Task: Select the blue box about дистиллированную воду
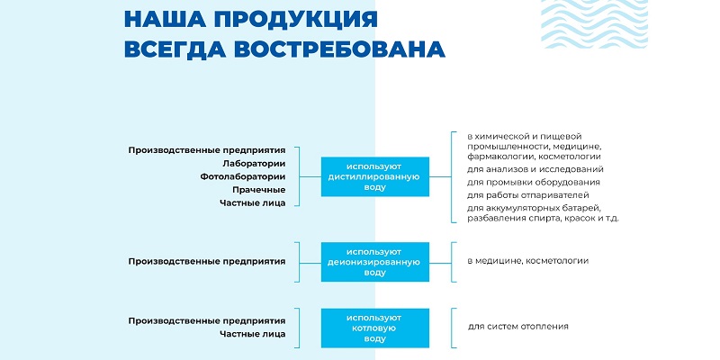(x=375, y=176)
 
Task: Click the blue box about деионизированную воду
(x=375, y=262)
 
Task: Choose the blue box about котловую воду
(x=375, y=328)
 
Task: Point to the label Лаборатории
(x=254, y=164)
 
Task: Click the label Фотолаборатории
(x=243, y=176)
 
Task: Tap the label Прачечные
(x=259, y=190)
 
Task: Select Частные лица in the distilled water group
(x=253, y=203)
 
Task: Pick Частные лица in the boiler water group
(x=253, y=334)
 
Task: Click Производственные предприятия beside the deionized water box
(x=207, y=261)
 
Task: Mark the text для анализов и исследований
(x=535, y=170)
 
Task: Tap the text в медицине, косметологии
(x=528, y=261)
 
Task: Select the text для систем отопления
(x=518, y=327)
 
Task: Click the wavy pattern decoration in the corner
(x=594, y=24)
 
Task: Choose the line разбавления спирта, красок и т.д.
(x=544, y=218)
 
